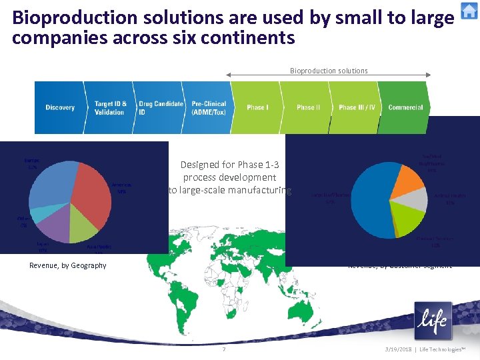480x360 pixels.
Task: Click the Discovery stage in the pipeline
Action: click(x=60, y=107)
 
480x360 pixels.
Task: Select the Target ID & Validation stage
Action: click(x=109, y=107)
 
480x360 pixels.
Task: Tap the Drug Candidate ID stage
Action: click(x=160, y=107)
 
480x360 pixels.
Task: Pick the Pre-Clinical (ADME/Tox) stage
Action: click(x=209, y=107)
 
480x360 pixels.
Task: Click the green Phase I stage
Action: click(x=257, y=107)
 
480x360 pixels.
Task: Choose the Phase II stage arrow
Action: click(x=308, y=107)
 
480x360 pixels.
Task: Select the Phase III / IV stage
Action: click(x=357, y=107)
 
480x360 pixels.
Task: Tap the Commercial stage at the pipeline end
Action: click(x=405, y=107)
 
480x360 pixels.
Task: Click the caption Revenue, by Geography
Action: click(x=68, y=265)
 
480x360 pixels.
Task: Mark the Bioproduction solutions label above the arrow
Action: click(x=329, y=71)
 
